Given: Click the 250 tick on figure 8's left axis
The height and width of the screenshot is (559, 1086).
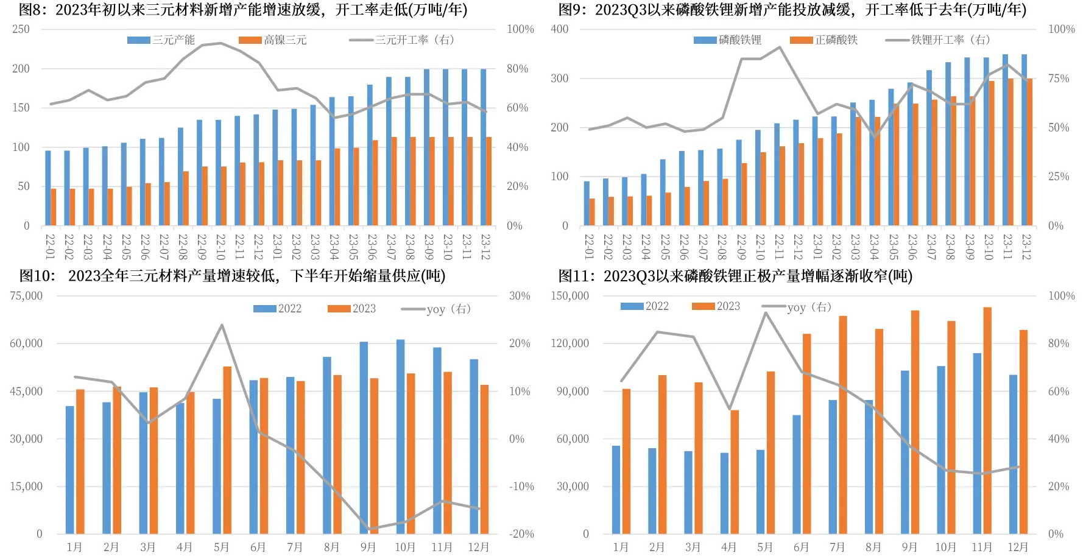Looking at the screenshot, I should tap(21, 29).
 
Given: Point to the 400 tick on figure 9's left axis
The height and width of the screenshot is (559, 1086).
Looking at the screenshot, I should tap(559, 29).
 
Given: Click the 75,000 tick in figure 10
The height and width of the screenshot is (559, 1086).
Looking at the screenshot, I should tap(26, 296).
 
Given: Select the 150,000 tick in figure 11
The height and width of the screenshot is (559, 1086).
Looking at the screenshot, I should tap(569, 296).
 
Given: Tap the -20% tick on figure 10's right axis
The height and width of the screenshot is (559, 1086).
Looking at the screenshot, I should tap(521, 534).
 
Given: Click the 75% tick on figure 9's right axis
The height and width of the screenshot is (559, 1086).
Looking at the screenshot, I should tap(1059, 79).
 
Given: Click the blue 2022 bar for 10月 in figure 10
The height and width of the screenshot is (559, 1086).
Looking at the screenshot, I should tap(400, 437).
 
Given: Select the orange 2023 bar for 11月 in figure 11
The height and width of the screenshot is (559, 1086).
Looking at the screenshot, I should tap(987, 420).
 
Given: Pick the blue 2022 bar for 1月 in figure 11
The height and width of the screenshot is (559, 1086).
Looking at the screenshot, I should tap(616, 490).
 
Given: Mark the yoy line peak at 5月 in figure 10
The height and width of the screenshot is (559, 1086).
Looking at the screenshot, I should tap(222, 325).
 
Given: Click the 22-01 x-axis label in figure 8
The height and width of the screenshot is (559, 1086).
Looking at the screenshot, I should tap(50, 246).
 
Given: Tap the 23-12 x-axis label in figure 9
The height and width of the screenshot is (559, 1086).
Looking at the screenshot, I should tap(1026, 246).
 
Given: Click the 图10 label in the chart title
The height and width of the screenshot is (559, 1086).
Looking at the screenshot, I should tap(37, 276).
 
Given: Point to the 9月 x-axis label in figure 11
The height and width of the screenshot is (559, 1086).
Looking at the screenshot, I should tap(909, 547).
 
